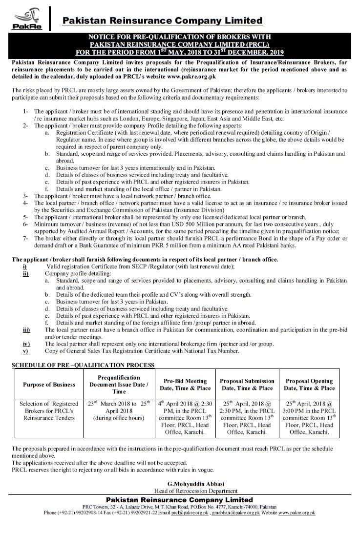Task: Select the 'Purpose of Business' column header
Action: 49,385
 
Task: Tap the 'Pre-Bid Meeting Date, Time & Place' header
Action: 186,385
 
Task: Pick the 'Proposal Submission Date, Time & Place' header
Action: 247,385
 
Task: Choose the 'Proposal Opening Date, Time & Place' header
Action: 310,385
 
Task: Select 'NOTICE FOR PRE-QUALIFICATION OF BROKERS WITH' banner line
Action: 179,37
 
